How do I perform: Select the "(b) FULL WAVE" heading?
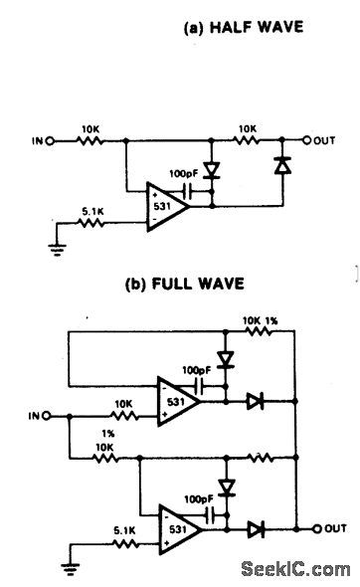[x=195, y=281]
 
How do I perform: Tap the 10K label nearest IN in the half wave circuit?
[x=89, y=128]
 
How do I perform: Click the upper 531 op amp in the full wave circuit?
[x=175, y=402]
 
